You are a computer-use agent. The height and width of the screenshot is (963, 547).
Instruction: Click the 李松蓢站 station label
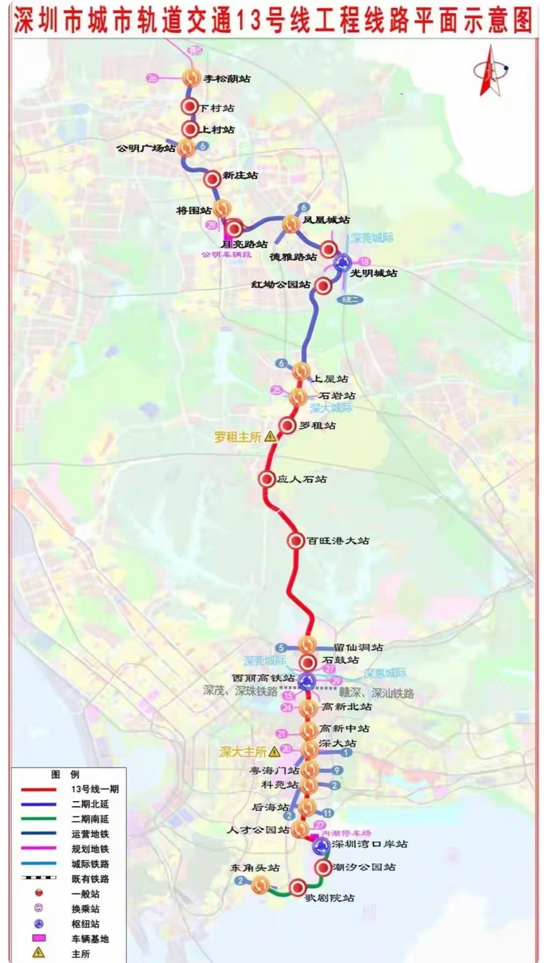tap(227, 79)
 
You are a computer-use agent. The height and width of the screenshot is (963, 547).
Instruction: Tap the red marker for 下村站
tap(190, 107)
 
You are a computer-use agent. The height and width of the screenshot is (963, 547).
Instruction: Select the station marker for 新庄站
tap(212, 178)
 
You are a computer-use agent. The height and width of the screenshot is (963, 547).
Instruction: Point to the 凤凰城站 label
tap(326, 220)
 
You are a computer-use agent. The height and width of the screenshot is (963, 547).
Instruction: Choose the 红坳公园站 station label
tap(280, 285)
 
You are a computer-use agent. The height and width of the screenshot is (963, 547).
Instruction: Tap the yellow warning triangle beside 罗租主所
tap(269, 437)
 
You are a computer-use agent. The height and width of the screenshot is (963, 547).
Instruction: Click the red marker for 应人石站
tap(267, 479)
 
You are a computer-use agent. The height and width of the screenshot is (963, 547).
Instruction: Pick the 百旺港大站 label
tap(337, 541)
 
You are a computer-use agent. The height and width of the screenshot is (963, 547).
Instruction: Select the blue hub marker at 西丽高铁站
tap(306, 682)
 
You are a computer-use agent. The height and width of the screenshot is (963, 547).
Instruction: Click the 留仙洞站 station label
tap(358, 647)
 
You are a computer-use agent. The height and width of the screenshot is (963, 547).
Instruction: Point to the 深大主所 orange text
tap(243, 752)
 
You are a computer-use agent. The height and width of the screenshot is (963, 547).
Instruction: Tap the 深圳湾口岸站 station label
tap(369, 844)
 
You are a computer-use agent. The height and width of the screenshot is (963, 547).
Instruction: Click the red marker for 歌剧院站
tap(298, 887)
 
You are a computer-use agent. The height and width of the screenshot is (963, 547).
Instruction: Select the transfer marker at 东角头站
tap(261, 883)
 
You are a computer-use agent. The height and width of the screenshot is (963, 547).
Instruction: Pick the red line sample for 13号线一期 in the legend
tap(39, 789)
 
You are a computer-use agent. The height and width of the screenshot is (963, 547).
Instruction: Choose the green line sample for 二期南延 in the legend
tap(39, 819)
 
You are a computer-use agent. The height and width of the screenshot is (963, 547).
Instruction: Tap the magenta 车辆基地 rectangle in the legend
tap(38, 938)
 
